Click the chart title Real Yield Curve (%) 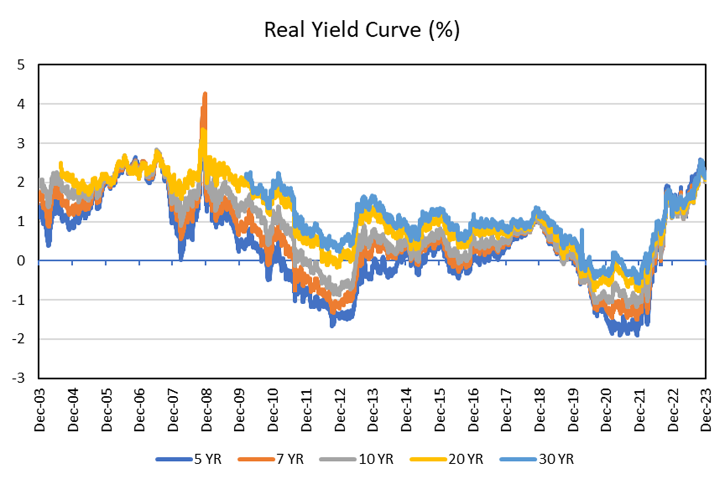(362, 31)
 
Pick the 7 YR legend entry (272, 459)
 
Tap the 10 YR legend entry (357, 459)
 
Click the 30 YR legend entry (537, 459)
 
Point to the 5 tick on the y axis (22, 64)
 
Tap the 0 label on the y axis (22, 260)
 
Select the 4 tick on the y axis (22, 104)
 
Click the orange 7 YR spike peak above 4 (204, 94)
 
